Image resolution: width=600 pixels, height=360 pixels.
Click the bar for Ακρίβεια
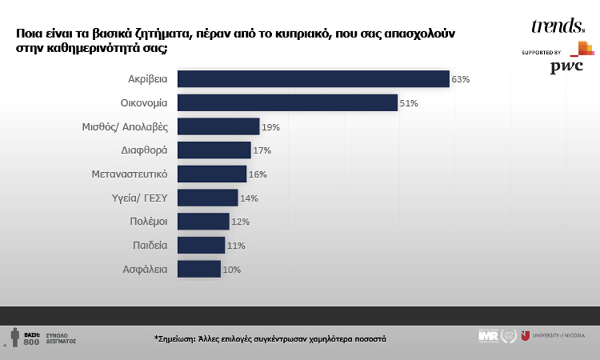coord(313,79)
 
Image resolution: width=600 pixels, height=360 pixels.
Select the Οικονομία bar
coord(287,103)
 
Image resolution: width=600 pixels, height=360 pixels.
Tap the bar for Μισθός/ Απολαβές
coord(218,127)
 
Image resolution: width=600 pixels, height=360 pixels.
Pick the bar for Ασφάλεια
coord(199,269)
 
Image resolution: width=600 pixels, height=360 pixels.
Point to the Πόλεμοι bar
coord(203,222)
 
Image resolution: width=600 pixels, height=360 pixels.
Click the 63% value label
coord(461,79)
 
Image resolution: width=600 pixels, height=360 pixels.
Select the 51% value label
coord(409,103)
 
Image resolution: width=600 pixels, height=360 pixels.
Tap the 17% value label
coord(262,151)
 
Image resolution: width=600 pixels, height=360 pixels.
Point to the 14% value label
coord(249,198)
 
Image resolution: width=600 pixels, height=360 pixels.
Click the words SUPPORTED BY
coord(541,52)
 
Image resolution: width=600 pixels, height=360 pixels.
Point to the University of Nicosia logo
coord(553,335)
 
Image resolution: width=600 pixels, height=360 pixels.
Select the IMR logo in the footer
coord(488,335)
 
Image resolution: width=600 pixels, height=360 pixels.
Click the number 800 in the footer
coord(31,342)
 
